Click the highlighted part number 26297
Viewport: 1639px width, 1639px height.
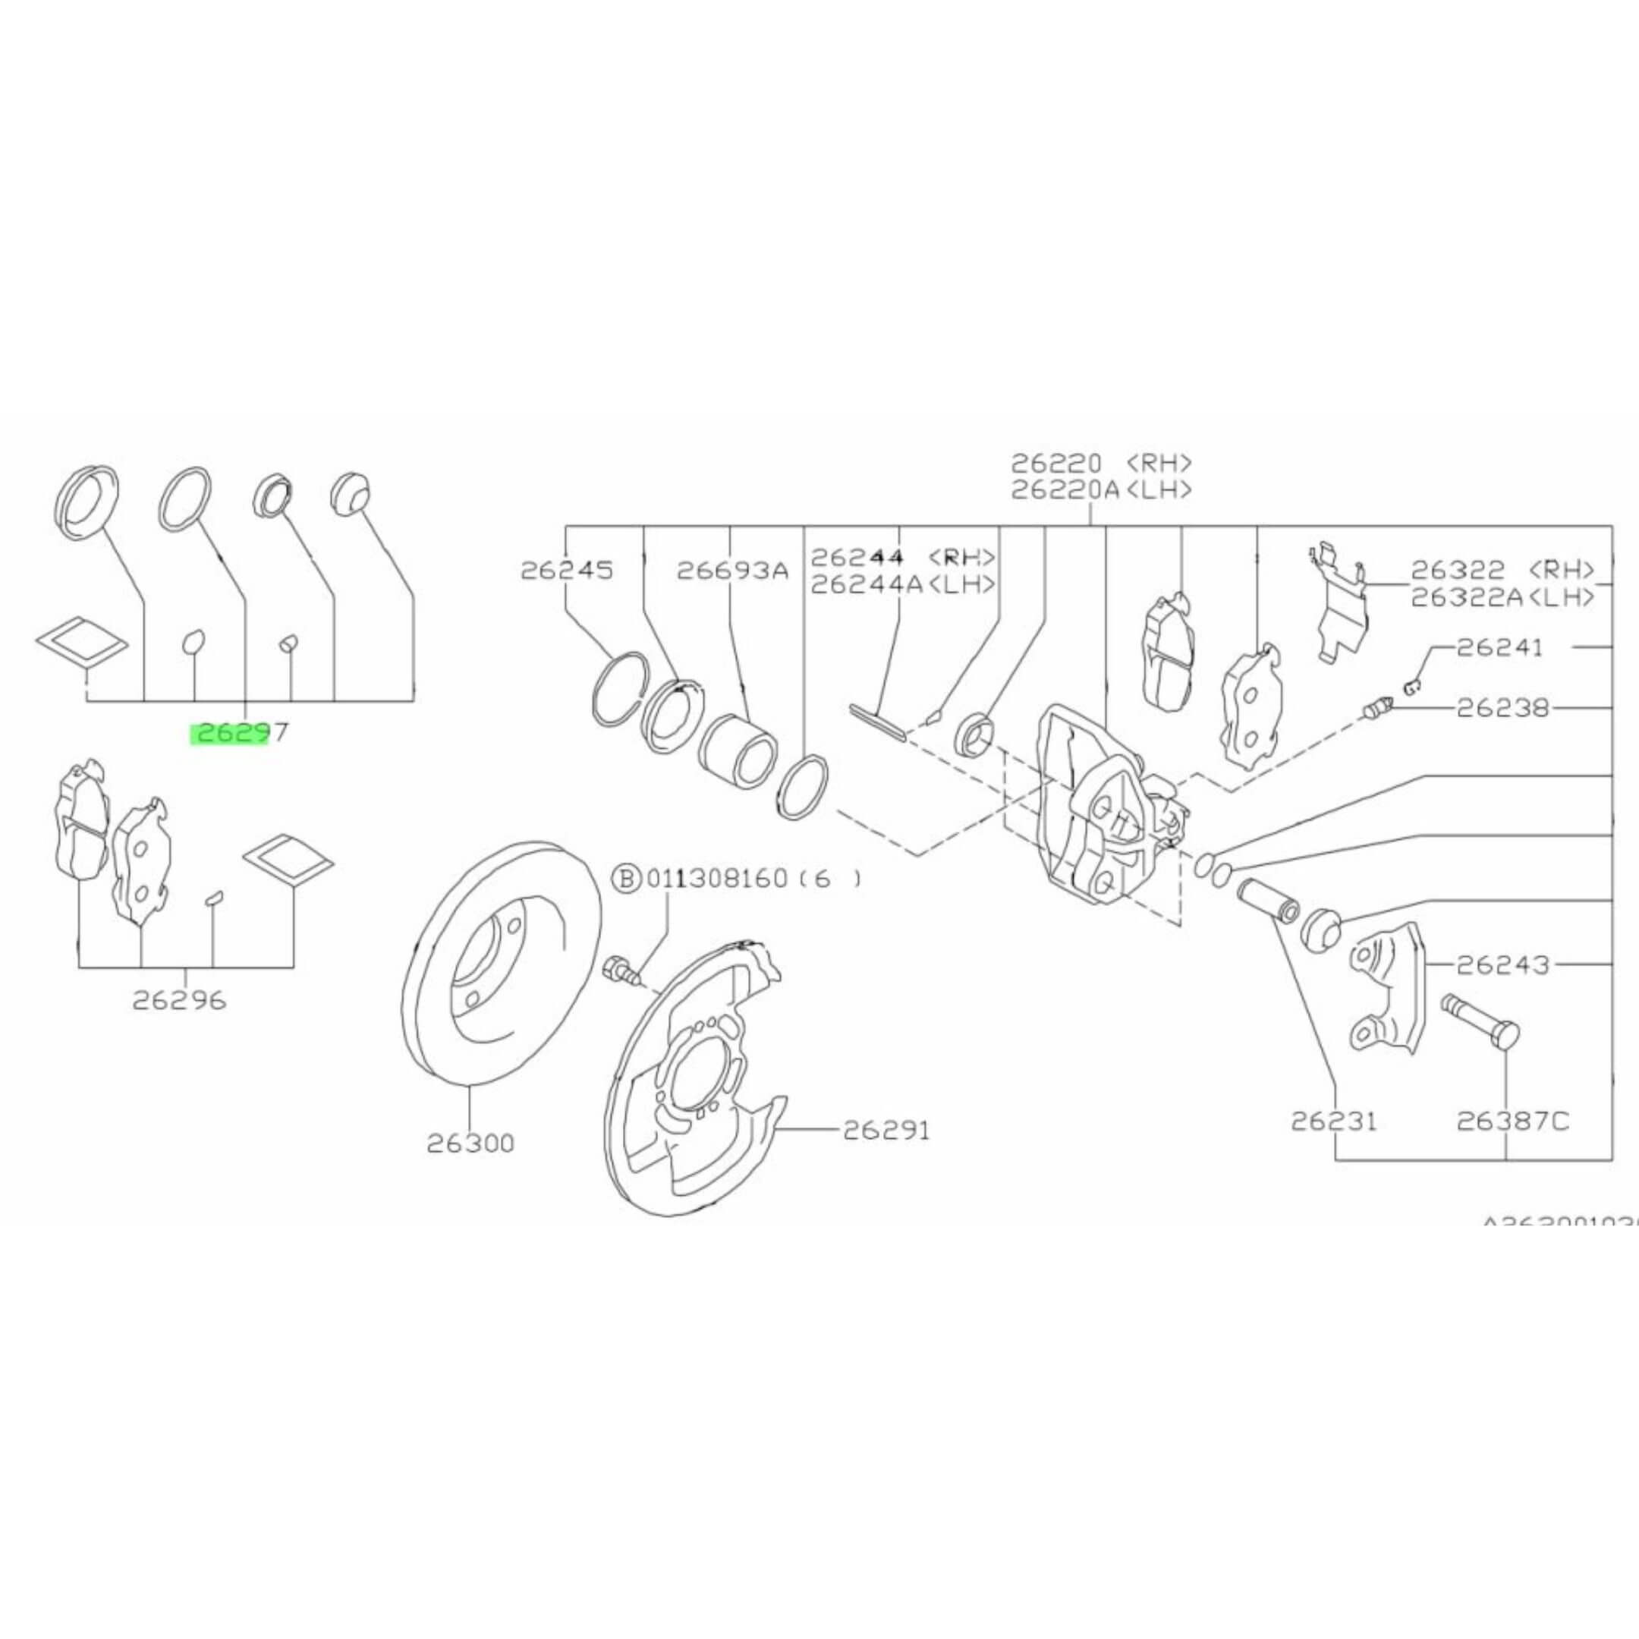(x=238, y=732)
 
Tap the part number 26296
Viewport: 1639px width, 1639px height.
(x=179, y=1001)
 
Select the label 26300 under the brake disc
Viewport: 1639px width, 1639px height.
(x=470, y=1144)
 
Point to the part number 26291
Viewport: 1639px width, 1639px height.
(x=886, y=1130)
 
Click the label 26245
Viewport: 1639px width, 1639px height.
(x=566, y=570)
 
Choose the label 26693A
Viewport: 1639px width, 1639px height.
(x=732, y=570)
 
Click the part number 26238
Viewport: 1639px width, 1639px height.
(x=1501, y=706)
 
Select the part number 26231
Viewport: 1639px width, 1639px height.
(x=1334, y=1122)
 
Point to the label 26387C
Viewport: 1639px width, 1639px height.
(x=1512, y=1122)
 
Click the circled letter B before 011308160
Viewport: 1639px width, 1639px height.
(x=627, y=878)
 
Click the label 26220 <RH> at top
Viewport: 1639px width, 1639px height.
(x=1101, y=463)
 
